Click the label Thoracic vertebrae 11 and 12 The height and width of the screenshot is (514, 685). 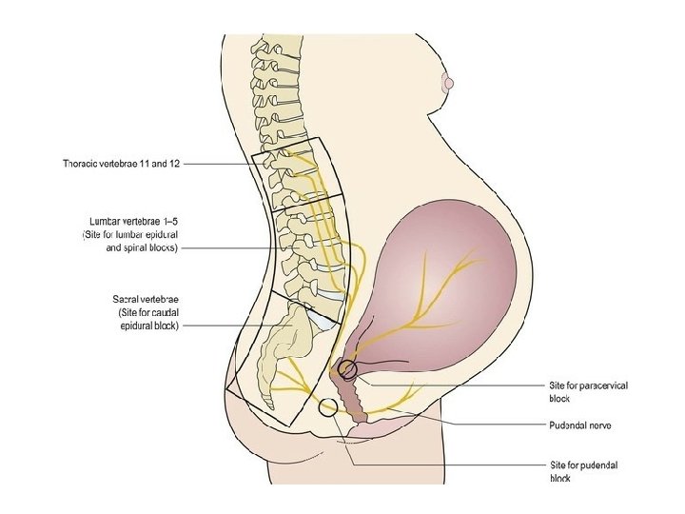point(121,164)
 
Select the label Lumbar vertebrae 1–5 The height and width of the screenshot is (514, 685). point(131,221)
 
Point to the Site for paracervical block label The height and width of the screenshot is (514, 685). point(589,391)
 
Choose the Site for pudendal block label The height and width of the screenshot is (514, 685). point(584,471)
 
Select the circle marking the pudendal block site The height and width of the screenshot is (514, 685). point(328,409)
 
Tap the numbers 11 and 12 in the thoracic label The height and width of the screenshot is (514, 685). point(161,164)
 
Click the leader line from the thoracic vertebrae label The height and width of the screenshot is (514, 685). point(219,164)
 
